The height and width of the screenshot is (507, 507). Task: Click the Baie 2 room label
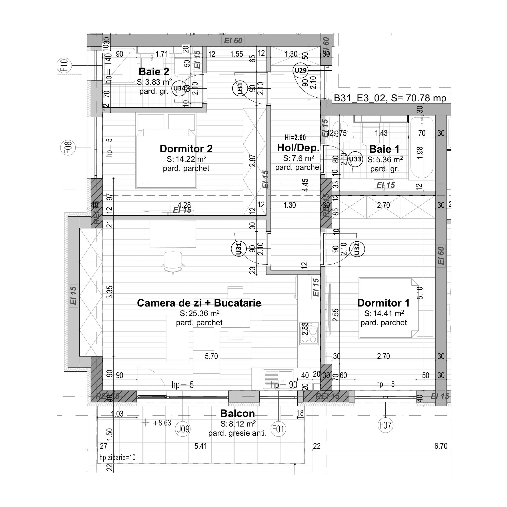pyautogui.click(x=154, y=72)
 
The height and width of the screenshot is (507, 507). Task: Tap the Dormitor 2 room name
pyautogui.click(x=186, y=149)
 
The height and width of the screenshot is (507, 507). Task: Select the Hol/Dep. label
pyautogui.click(x=298, y=148)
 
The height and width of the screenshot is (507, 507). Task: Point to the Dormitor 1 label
pyautogui.click(x=383, y=303)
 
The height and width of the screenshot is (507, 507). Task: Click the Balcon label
pyautogui.click(x=237, y=414)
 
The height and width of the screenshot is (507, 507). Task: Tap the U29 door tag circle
pyautogui.click(x=301, y=70)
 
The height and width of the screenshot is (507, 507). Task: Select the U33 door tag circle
pyautogui.click(x=355, y=159)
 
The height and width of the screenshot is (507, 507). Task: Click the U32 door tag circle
pyautogui.click(x=357, y=249)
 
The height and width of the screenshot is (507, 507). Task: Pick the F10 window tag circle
pyautogui.click(x=64, y=65)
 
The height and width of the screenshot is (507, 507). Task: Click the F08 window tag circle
pyautogui.click(x=68, y=148)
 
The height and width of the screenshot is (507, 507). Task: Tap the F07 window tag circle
pyautogui.click(x=385, y=425)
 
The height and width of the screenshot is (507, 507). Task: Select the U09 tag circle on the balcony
pyautogui.click(x=183, y=429)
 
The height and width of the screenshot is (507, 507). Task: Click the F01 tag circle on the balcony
pyautogui.click(x=278, y=429)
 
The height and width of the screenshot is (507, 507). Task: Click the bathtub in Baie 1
pyautogui.click(x=421, y=148)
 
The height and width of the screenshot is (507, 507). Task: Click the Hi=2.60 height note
pyautogui.click(x=295, y=138)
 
